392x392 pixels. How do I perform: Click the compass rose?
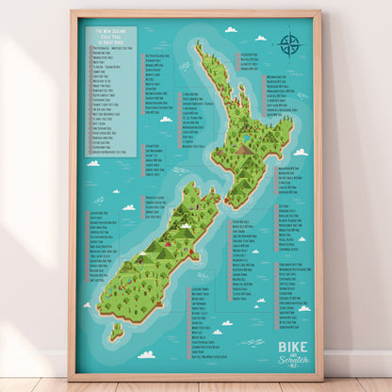(288, 43)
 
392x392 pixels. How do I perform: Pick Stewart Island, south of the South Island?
(115, 331)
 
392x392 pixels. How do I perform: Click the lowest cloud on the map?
(146, 354)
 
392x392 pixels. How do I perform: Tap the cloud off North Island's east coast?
(301, 152)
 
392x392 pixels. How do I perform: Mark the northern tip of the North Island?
(198, 45)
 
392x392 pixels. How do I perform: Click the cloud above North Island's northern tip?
(230, 29)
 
